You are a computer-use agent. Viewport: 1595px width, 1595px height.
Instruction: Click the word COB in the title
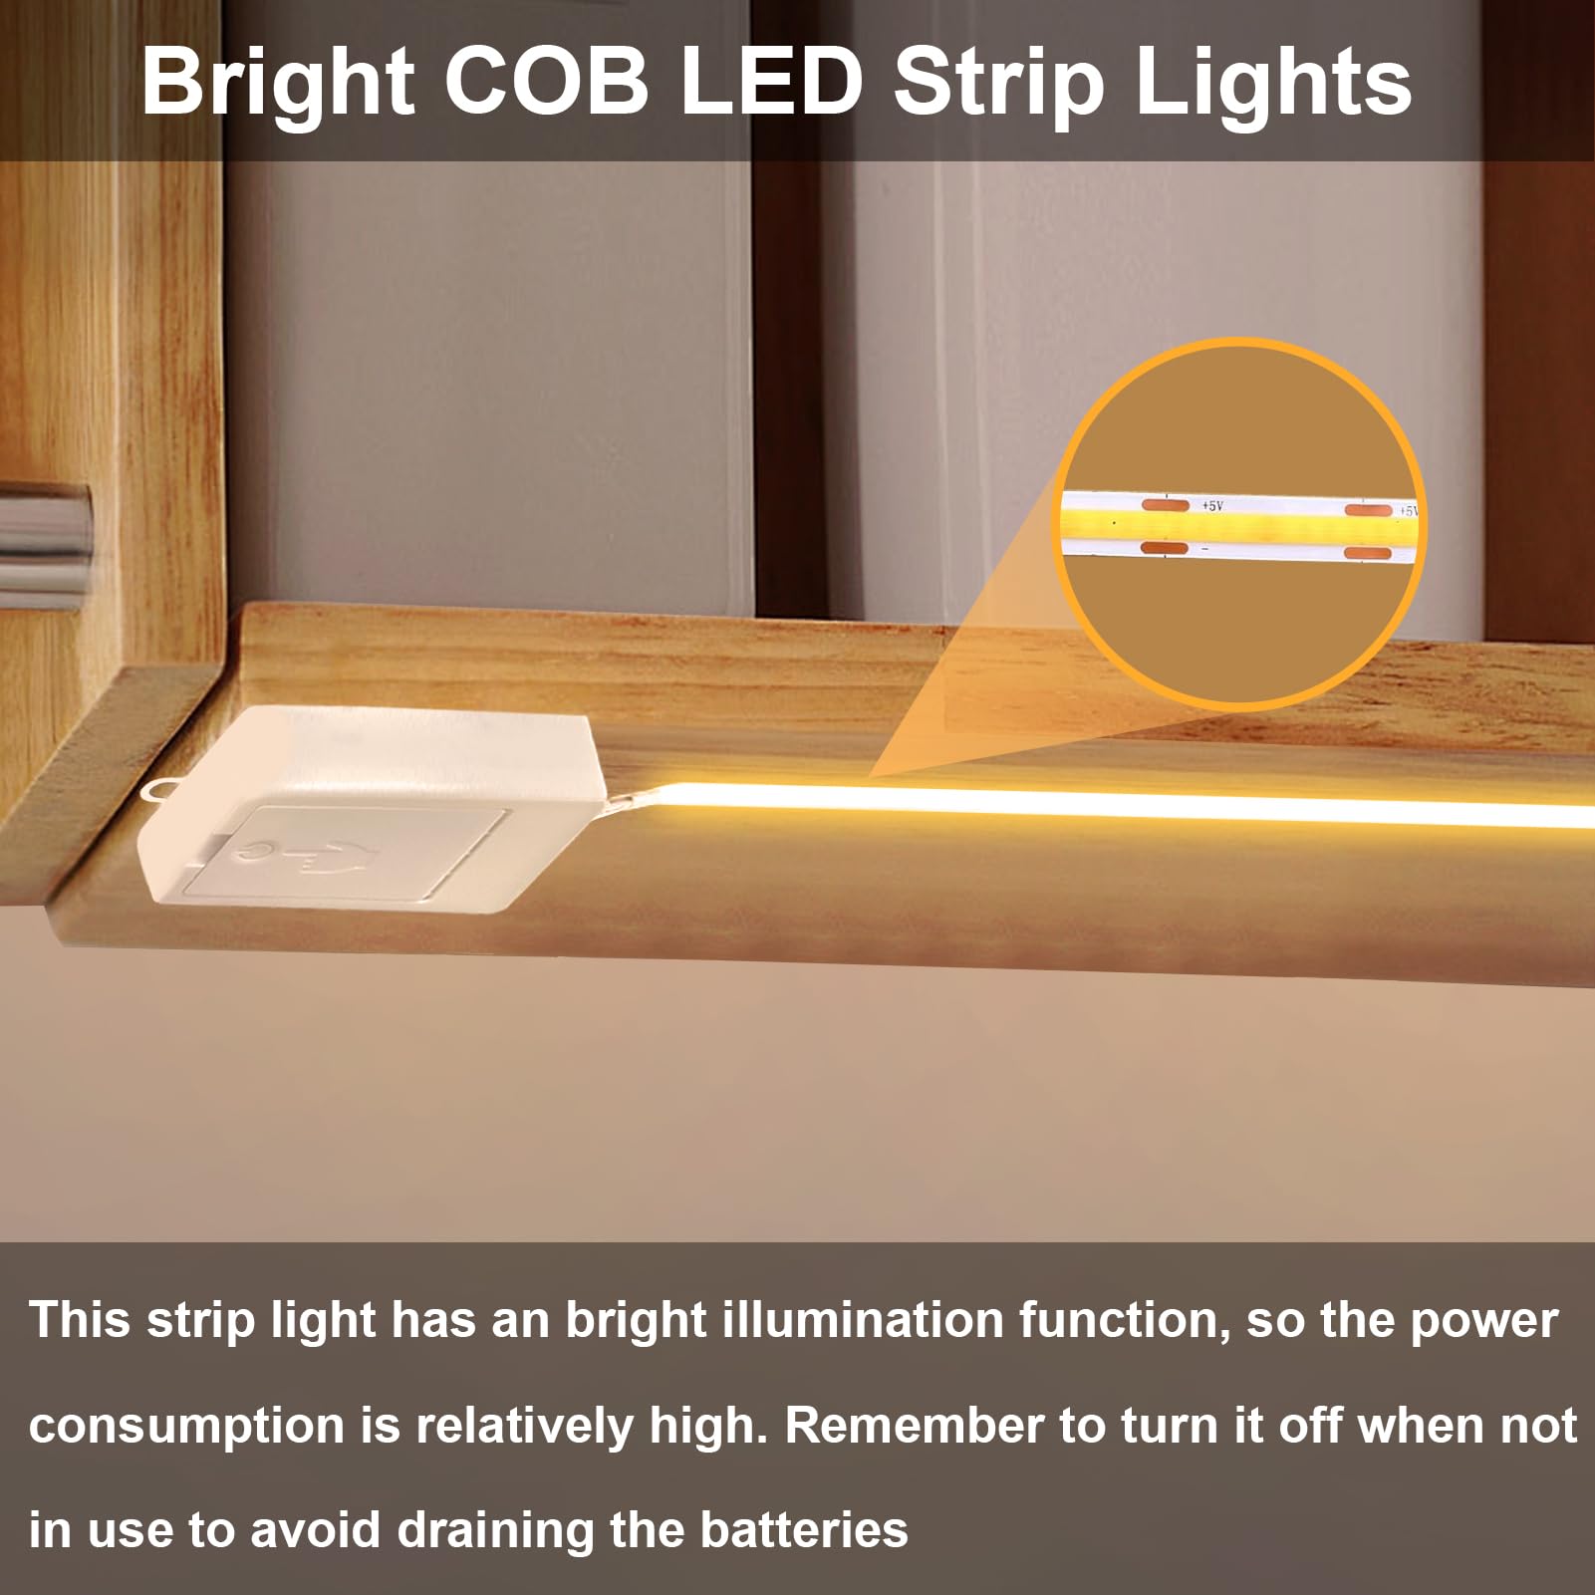(x=546, y=82)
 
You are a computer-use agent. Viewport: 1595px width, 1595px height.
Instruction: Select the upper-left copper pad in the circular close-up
(x=1165, y=505)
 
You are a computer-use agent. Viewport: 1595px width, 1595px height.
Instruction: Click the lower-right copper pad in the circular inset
(x=1367, y=553)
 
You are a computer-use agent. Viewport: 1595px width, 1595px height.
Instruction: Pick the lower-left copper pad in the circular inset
(x=1163, y=548)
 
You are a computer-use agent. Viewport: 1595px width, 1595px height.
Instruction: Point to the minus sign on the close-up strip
(x=1204, y=549)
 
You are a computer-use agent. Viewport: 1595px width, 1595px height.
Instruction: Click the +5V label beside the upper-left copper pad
(x=1211, y=506)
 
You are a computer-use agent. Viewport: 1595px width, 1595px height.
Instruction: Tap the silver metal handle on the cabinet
(x=45, y=543)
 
